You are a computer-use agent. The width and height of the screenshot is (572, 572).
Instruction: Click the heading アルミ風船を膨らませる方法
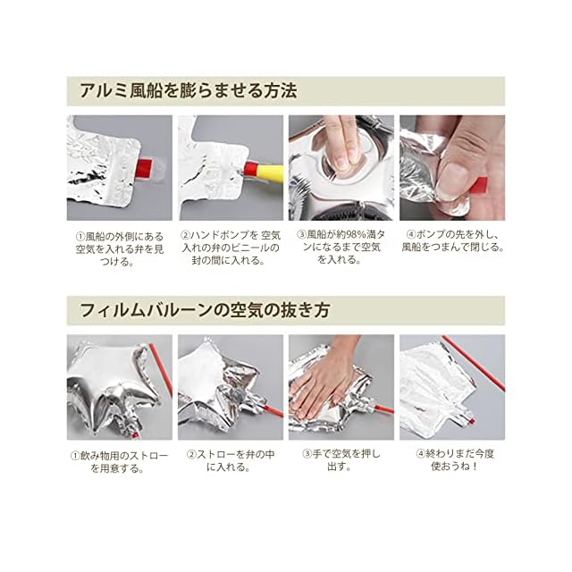pyautogui.click(x=189, y=91)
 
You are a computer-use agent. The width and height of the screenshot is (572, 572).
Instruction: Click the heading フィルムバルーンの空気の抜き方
pyautogui.click(x=205, y=310)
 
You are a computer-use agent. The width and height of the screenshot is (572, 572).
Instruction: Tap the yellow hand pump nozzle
pyautogui.click(x=268, y=171)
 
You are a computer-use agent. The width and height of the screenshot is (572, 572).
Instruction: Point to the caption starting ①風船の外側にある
pyautogui.click(x=120, y=248)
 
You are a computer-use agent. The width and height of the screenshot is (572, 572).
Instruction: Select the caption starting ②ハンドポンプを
pyautogui.click(x=231, y=248)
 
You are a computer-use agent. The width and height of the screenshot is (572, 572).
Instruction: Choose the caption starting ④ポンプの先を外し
pyautogui.click(x=452, y=241)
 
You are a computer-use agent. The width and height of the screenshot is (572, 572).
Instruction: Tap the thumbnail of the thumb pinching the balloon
pyautogui.click(x=452, y=168)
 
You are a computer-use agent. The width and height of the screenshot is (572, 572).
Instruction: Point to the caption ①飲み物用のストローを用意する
pyautogui.click(x=120, y=462)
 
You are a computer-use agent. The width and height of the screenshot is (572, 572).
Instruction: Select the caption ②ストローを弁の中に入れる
pyautogui.click(x=231, y=461)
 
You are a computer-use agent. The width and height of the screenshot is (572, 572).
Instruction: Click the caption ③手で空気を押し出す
pyautogui.click(x=341, y=460)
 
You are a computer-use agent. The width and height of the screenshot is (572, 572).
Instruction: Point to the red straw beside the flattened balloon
pyautogui.click(x=474, y=363)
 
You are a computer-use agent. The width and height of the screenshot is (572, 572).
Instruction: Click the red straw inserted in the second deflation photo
pyautogui.click(x=272, y=411)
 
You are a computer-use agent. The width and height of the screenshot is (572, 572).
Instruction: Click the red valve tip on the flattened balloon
pyautogui.click(x=471, y=422)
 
